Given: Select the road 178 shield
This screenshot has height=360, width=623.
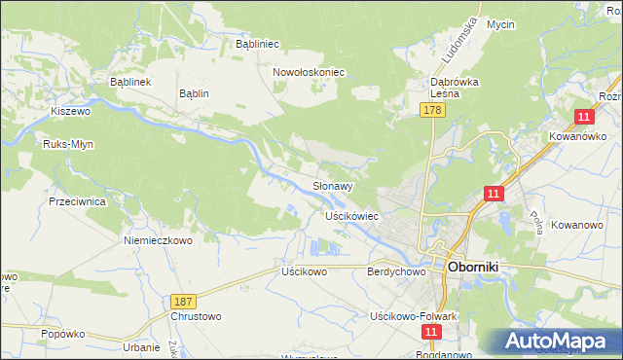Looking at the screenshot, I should click(433, 112).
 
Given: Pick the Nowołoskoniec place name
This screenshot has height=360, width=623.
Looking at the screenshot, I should click(310, 72).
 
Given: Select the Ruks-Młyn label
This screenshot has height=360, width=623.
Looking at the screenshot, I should click(67, 144).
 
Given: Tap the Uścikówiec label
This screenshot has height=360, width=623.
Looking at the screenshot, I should click(351, 215).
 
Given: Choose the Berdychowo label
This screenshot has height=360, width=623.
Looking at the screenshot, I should click(397, 272).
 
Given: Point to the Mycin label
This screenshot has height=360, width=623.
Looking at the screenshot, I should click(500, 24).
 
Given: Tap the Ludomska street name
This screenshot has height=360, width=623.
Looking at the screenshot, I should click(463, 39).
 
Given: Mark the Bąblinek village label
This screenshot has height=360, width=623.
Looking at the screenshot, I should click(129, 83).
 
